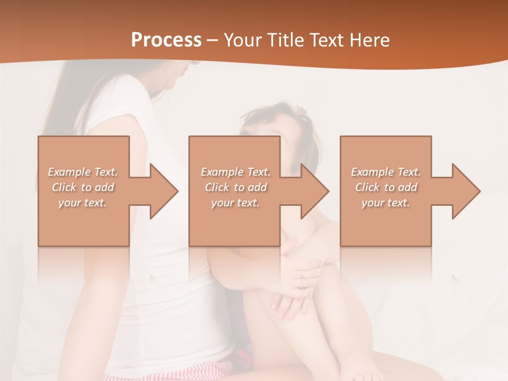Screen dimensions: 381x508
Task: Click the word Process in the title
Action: pyautogui.click(x=166, y=40)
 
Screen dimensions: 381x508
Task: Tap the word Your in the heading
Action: pyautogui.click(x=241, y=40)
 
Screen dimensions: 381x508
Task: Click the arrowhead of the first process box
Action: pyautogui.click(x=164, y=191)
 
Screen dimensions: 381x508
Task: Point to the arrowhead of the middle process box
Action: pyautogui.click(x=314, y=191)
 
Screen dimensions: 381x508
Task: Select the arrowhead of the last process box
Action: pyautogui.click(x=466, y=191)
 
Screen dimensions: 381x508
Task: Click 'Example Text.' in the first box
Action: pyautogui.click(x=83, y=172)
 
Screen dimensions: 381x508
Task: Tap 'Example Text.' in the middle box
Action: pyautogui.click(x=235, y=172)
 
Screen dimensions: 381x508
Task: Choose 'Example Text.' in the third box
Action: pyautogui.click(x=386, y=172)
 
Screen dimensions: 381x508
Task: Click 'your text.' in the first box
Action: pyautogui.click(x=83, y=203)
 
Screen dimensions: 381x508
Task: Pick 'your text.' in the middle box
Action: pyautogui.click(x=235, y=203)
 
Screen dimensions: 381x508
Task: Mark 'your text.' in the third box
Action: pyautogui.click(x=386, y=203)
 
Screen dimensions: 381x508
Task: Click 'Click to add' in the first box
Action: pyautogui.click(x=83, y=187)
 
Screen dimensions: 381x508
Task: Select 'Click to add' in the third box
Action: pyautogui.click(x=386, y=187)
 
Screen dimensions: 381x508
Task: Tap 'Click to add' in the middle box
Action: pyautogui.click(x=235, y=187)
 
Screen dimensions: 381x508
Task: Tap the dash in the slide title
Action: pyautogui.click(x=213, y=40)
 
